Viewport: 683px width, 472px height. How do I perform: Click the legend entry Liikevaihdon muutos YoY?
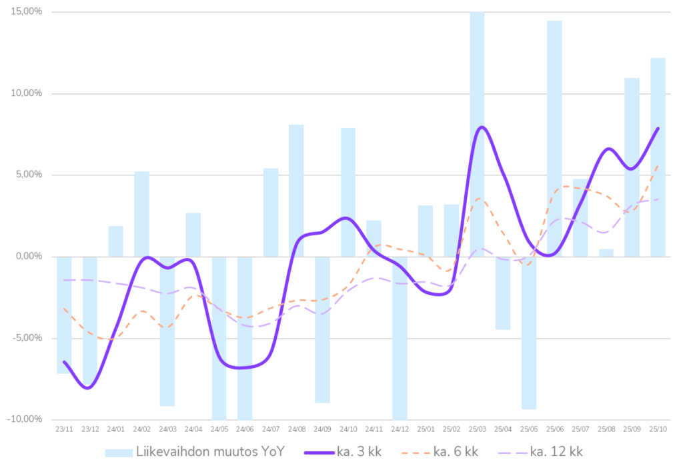tap(194, 452)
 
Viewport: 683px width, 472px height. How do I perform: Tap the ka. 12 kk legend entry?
tap(540, 452)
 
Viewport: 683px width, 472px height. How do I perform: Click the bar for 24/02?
tap(141, 213)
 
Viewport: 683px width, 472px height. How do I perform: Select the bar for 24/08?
tap(296, 190)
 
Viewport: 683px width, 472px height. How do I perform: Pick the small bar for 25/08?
tap(606, 252)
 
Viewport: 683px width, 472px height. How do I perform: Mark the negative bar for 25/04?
tap(503, 293)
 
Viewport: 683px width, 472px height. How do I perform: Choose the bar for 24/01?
tap(116, 241)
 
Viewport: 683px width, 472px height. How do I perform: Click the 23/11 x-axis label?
tap(64, 429)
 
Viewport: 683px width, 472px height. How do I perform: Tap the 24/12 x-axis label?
tap(400, 429)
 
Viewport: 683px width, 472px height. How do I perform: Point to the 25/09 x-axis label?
tap(632, 429)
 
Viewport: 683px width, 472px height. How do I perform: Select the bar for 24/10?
tap(348, 191)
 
